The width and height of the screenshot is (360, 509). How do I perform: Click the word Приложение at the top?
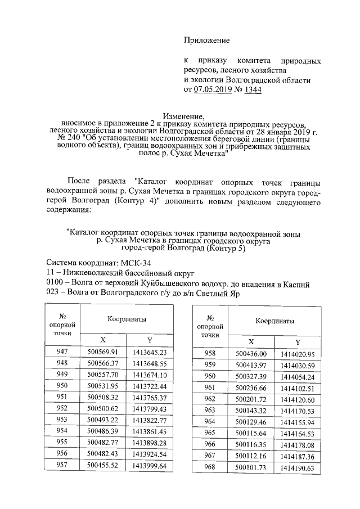coord(208,40)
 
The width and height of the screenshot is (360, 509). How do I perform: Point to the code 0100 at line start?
coord(54,284)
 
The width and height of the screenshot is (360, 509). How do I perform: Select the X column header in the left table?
coord(102,340)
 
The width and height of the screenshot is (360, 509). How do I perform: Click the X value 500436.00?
coord(251,354)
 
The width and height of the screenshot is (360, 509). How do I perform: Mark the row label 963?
coord(210,411)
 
